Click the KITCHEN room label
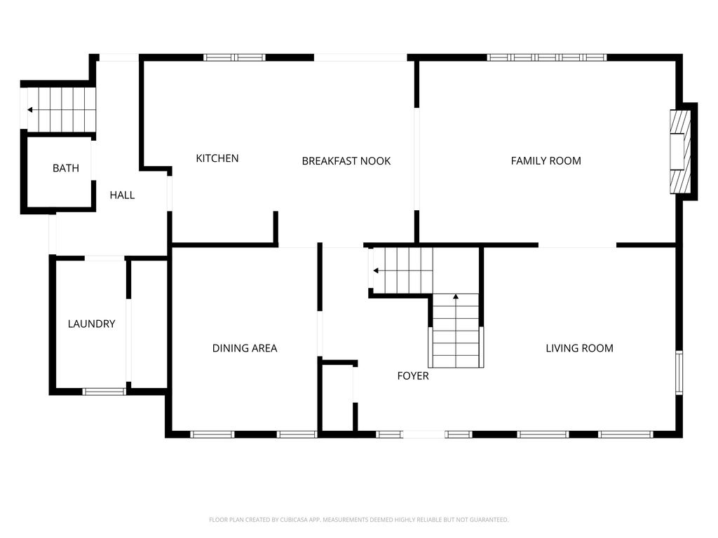217,158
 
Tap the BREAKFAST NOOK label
346,161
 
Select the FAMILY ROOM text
546,160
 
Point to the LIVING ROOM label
579,348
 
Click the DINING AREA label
245,348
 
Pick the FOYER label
413,376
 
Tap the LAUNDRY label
92,324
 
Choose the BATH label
66,168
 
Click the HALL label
122,195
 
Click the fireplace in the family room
680,151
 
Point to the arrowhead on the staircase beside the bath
29,110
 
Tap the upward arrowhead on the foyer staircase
456,297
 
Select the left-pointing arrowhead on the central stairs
376,271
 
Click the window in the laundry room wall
104,392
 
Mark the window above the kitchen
234,57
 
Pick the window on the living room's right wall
679,373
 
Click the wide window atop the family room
547,57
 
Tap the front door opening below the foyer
424,434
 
